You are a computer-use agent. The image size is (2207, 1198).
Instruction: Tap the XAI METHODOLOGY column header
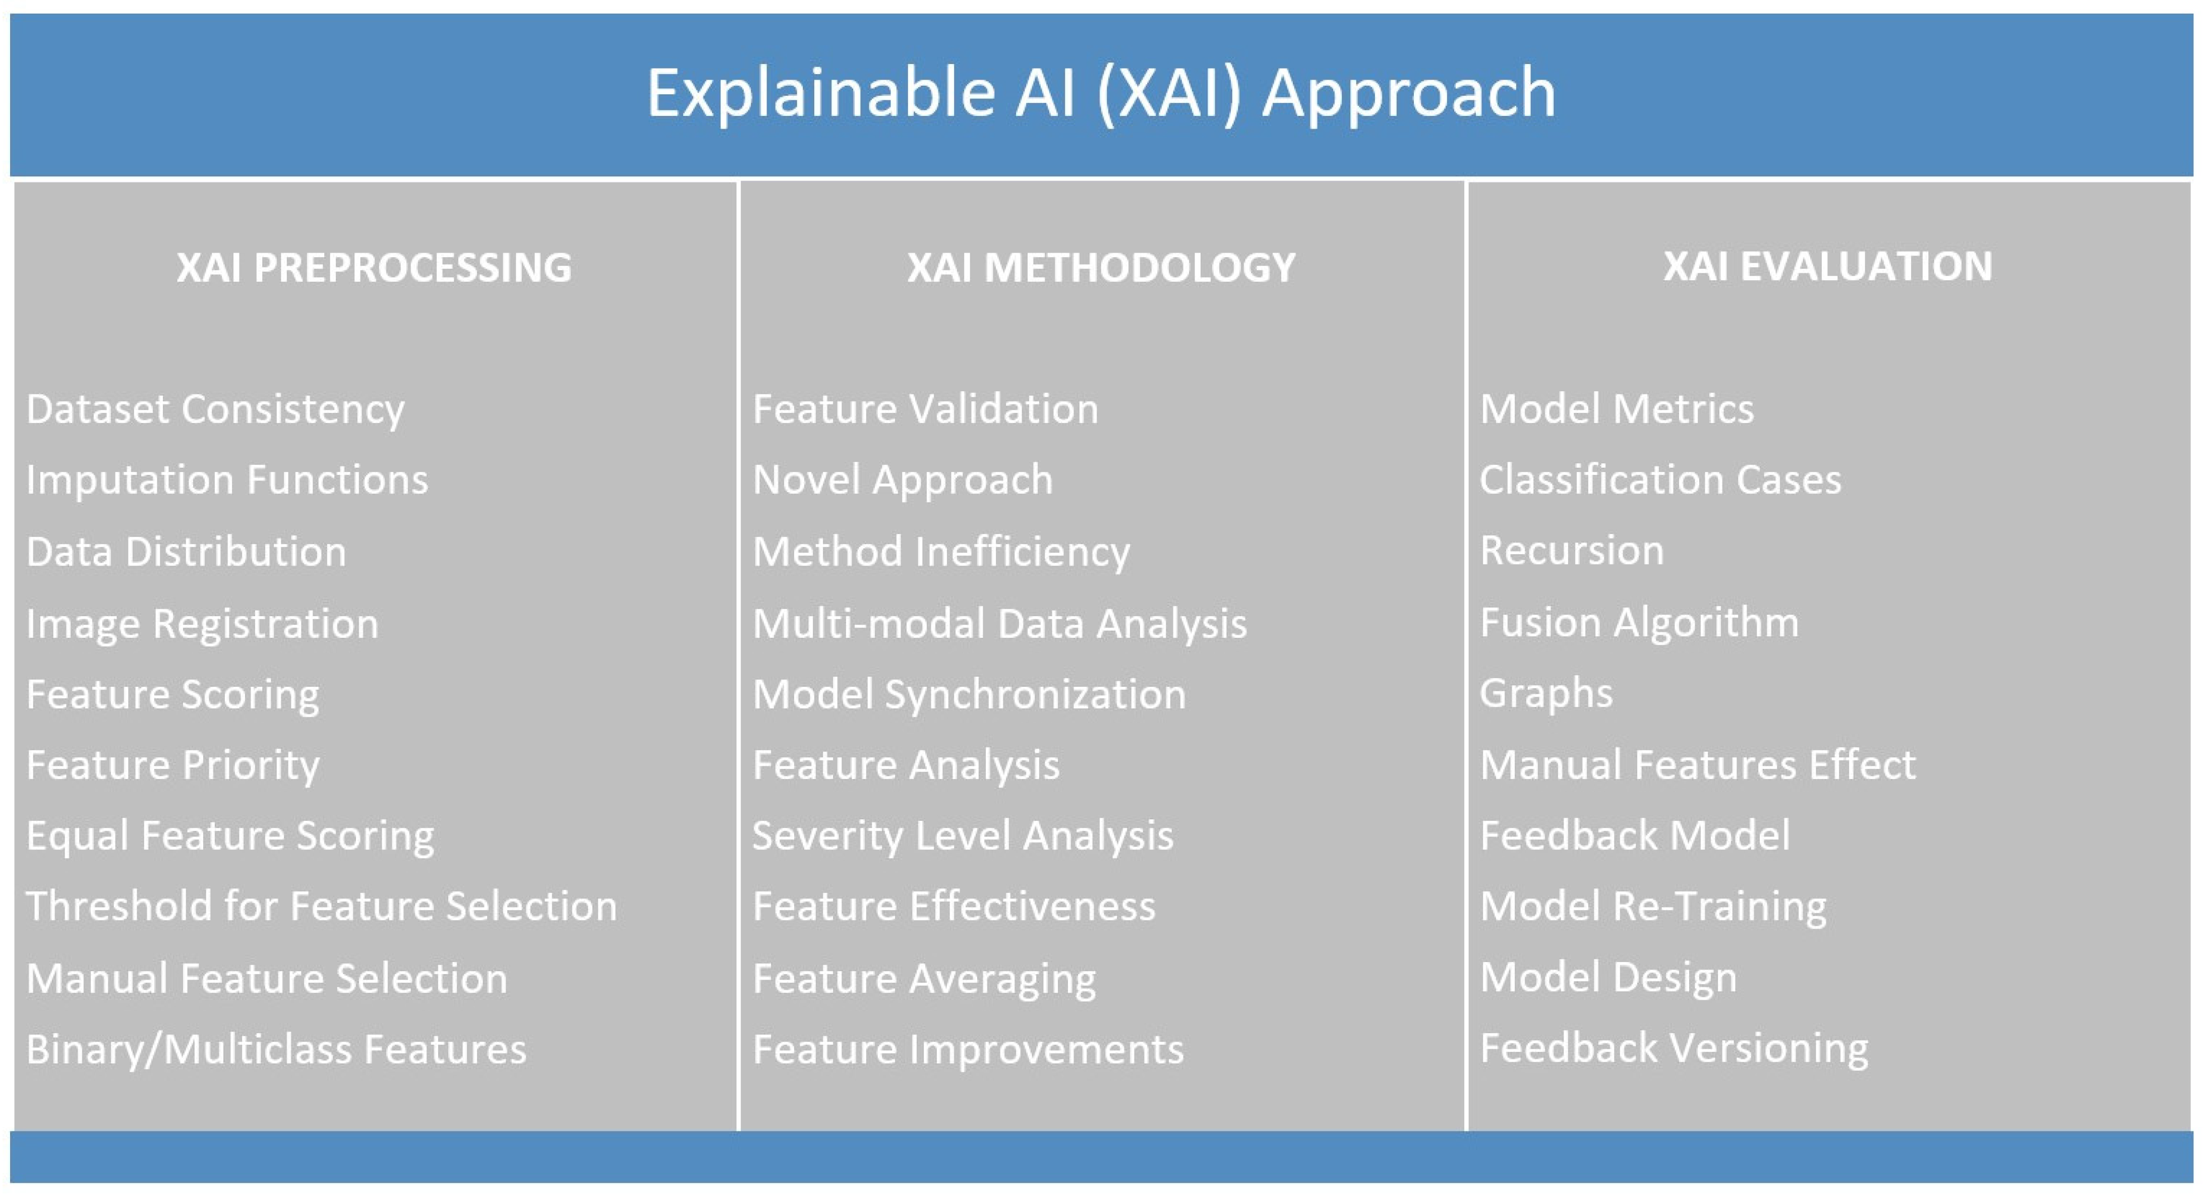(1101, 267)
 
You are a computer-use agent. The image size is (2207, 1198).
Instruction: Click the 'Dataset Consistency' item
(215, 409)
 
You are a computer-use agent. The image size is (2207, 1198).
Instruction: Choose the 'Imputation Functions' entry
(227, 480)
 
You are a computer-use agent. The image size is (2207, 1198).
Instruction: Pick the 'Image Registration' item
(202, 623)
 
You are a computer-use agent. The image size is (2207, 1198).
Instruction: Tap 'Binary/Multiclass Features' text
(276, 1050)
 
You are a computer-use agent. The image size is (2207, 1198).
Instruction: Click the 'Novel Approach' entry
(902, 480)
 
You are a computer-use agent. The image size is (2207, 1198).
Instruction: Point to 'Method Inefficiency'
(941, 551)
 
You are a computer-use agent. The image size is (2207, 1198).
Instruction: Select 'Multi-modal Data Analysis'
(999, 623)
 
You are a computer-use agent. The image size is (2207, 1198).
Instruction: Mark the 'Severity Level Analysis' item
(962, 835)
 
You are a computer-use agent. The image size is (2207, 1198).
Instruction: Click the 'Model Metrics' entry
(1617, 409)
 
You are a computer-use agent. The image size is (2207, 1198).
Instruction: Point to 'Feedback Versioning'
(1673, 1048)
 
